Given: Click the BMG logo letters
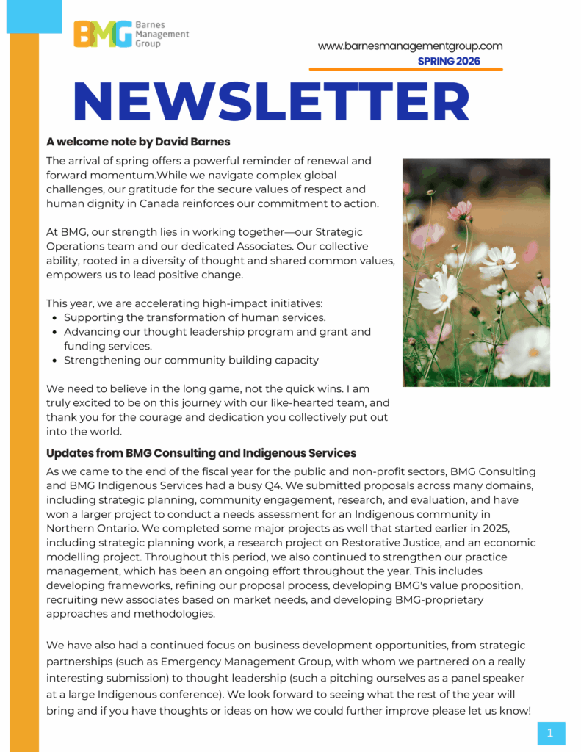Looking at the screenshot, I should click(103, 35).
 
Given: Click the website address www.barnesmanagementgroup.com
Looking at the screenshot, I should click(410, 46).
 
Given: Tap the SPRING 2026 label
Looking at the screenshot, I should click(449, 62).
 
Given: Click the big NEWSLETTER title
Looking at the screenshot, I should click(272, 101).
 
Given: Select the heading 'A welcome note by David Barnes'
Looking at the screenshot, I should click(138, 142).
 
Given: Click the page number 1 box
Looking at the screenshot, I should click(551, 732).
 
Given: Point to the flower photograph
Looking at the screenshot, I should click(476, 272).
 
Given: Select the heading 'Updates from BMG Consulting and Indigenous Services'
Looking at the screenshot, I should click(201, 453).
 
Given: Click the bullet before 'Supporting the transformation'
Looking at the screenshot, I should click(56, 318).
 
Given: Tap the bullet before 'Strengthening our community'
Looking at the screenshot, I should click(56, 361).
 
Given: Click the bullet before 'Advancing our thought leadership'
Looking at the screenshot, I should click(56, 332).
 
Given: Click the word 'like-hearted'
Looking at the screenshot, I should click(307, 403).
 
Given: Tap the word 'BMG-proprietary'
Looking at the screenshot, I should click(439, 600).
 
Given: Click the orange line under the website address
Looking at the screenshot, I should click(405, 70).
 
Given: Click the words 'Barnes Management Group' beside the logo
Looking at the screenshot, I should click(162, 34).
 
